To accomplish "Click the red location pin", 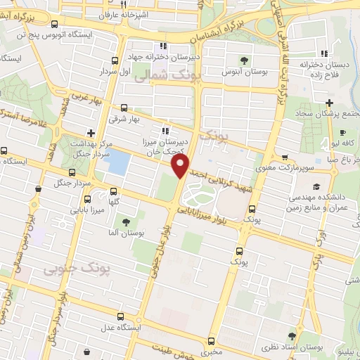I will (x=180, y=166).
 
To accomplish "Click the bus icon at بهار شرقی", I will (x=124, y=108).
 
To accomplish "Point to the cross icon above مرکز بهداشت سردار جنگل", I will (x=90, y=132).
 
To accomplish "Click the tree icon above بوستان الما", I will (x=126, y=223).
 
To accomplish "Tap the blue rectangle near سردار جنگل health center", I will (x=117, y=164).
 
